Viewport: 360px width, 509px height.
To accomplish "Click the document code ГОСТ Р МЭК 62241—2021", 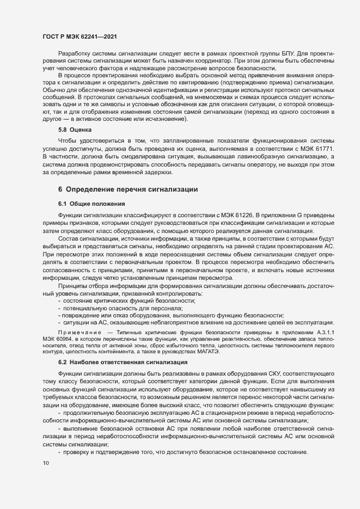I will click(x=79, y=36).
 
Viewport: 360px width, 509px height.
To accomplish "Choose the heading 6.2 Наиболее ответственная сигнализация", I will click(x=123, y=362).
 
